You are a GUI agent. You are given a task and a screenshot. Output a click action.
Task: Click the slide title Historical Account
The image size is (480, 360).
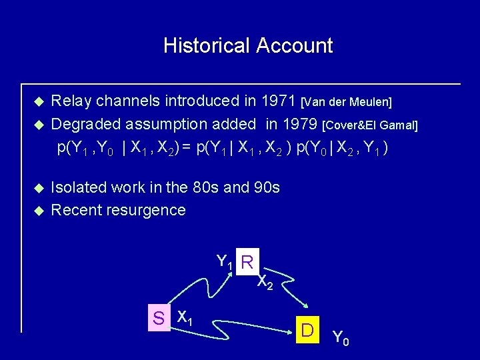coord(247,46)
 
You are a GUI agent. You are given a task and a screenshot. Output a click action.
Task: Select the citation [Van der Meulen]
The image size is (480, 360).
coord(347,103)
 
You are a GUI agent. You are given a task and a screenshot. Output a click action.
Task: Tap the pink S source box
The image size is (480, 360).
coord(159,319)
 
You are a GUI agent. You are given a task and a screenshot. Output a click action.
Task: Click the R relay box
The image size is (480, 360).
coord(247,263)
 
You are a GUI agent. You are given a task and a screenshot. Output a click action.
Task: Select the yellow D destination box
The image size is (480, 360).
coord(307,329)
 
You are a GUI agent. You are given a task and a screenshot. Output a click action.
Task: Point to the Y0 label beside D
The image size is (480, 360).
coord(340,339)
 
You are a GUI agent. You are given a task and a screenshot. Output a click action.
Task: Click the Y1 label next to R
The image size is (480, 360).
coord(225,263)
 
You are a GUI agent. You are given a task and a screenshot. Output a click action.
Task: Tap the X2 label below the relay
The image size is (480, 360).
coord(265,283)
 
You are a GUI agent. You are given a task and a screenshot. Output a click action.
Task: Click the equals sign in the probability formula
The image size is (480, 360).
coord(187,148)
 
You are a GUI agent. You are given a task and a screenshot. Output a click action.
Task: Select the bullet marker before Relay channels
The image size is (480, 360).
coord(39,102)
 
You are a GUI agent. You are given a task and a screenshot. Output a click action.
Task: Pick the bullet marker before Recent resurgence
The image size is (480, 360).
coord(39,211)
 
